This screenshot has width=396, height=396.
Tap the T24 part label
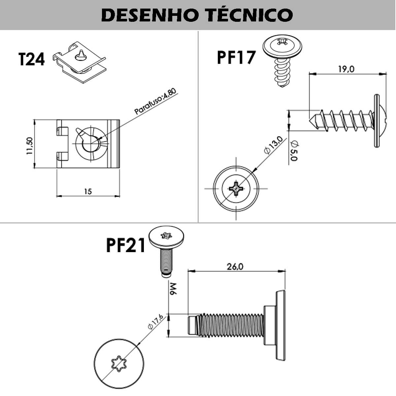click(x=31, y=59)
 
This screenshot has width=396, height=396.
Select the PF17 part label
click(x=236, y=57)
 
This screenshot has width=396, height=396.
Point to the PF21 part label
click(x=126, y=246)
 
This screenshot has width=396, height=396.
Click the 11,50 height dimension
click(x=29, y=146)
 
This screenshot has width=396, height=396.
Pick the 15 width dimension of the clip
click(x=88, y=191)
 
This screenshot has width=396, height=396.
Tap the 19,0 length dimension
click(x=346, y=69)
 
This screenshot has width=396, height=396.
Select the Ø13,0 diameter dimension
click(x=273, y=145)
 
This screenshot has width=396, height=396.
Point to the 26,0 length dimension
click(x=235, y=266)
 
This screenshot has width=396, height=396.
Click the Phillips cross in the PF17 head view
click(x=236, y=189)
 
